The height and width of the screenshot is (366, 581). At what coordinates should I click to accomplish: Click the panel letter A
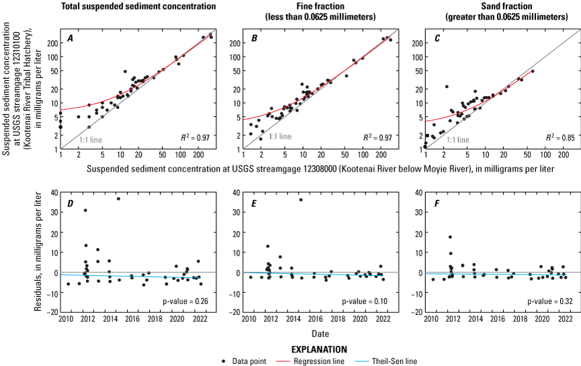point(70,39)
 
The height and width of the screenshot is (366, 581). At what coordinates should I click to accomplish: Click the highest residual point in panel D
point(118,198)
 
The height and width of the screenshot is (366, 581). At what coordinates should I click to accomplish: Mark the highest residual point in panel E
point(300,199)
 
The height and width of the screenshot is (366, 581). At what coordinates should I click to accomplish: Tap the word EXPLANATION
point(320,351)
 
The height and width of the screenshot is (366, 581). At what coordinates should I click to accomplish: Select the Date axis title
point(320,334)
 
